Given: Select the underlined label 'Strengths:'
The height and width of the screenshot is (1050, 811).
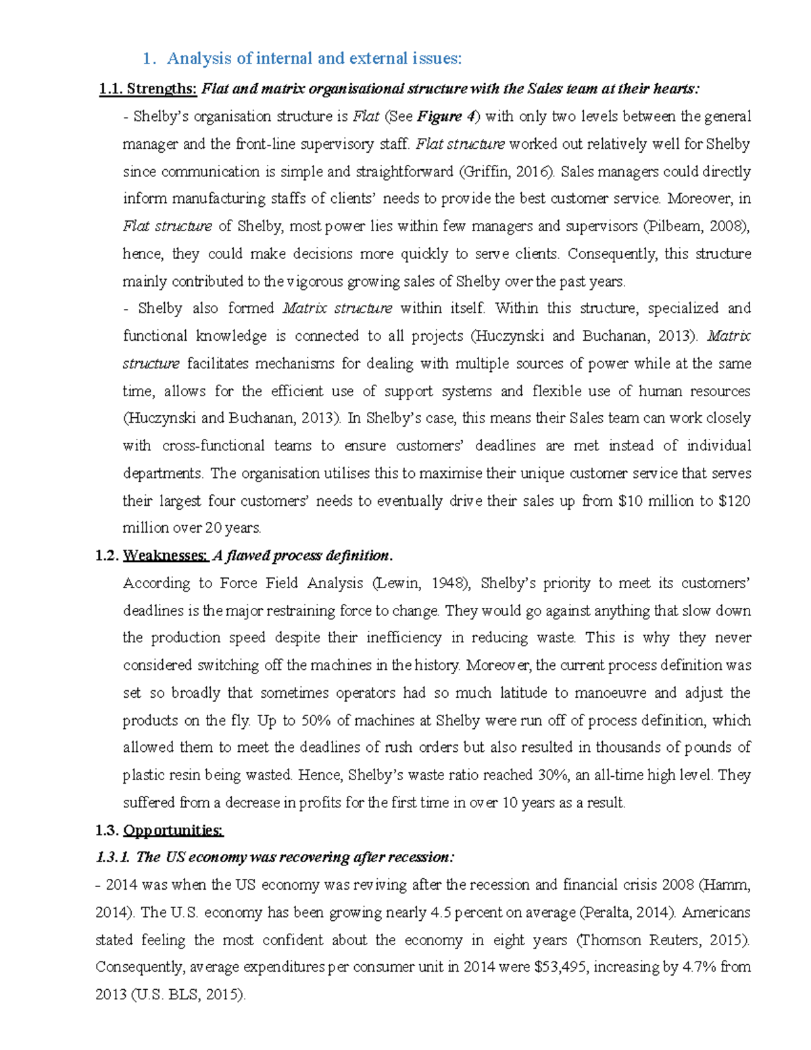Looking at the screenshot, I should (162, 89).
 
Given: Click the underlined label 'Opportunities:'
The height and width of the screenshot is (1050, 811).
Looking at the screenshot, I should (173, 830).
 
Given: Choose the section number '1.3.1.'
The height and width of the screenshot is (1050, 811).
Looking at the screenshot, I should (113, 858).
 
